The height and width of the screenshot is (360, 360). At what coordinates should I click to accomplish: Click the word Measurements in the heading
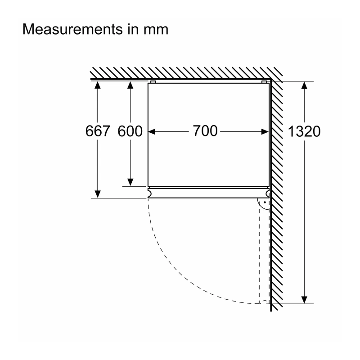[x=72, y=29]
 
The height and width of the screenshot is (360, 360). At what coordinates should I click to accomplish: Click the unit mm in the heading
[x=156, y=31]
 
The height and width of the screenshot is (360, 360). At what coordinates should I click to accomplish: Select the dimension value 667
[x=98, y=131]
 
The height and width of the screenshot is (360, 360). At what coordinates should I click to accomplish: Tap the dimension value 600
[x=130, y=131]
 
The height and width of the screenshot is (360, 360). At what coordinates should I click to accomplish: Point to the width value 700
[x=205, y=131]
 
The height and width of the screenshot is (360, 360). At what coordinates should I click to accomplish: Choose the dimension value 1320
[x=304, y=131]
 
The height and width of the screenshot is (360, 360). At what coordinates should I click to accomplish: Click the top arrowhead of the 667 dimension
[x=98, y=85]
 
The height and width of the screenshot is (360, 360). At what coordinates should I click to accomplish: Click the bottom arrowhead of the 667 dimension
[x=98, y=194]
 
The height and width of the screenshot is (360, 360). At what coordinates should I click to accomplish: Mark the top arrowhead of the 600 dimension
[x=130, y=85]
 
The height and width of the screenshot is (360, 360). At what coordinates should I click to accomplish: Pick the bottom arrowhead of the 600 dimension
[x=130, y=182]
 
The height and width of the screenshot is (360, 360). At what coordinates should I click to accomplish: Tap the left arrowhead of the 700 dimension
[x=152, y=131]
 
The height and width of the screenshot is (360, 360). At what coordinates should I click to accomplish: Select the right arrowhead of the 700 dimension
[x=265, y=131]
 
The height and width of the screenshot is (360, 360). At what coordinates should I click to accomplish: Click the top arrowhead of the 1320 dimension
[x=304, y=85]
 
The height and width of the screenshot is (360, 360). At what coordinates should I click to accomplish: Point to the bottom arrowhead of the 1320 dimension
[x=304, y=300]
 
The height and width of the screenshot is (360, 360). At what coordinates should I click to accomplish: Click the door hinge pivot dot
[x=265, y=202]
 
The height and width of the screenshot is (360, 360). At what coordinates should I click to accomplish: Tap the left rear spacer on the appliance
[x=153, y=82]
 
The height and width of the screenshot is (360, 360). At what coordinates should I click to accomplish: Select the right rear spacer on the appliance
[x=264, y=82]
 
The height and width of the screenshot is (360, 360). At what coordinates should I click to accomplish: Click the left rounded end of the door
[x=149, y=193]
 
